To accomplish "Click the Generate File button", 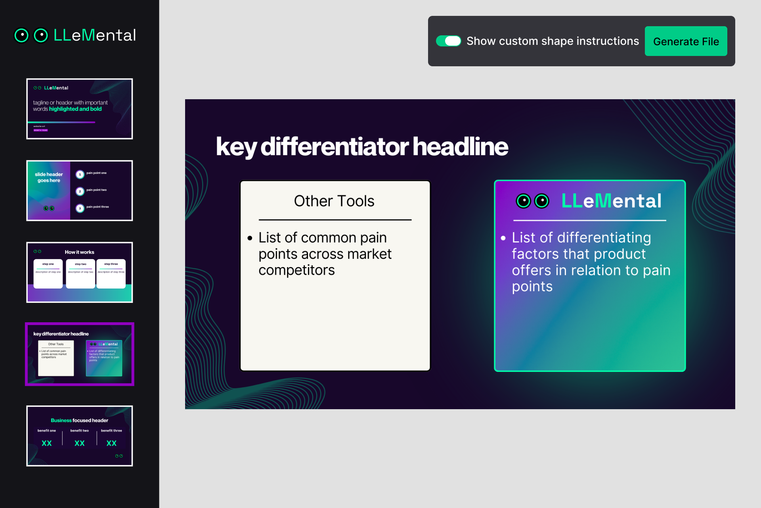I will tap(686, 41).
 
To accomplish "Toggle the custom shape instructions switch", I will tap(448, 41).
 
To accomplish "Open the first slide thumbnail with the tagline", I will tap(80, 109).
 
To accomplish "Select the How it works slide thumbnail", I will tap(80, 272).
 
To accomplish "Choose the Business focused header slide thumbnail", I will tap(80, 436).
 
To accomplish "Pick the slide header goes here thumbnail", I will tap(80, 190).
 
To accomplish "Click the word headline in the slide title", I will tap(460, 147).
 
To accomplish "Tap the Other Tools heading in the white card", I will tap(334, 201).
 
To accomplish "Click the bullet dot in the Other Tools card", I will tap(250, 238).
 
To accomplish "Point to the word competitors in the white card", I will tap(296, 270).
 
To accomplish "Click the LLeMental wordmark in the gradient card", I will tap(611, 201).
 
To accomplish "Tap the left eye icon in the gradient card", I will tap(523, 201).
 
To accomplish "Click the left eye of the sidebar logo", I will tap(21, 35).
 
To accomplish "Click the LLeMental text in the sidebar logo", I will tap(95, 35).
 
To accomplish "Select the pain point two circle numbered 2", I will tap(80, 191).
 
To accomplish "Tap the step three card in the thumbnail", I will tap(111, 273).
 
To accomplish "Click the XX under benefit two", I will tap(80, 443).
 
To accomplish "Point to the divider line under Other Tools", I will tap(335, 219).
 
